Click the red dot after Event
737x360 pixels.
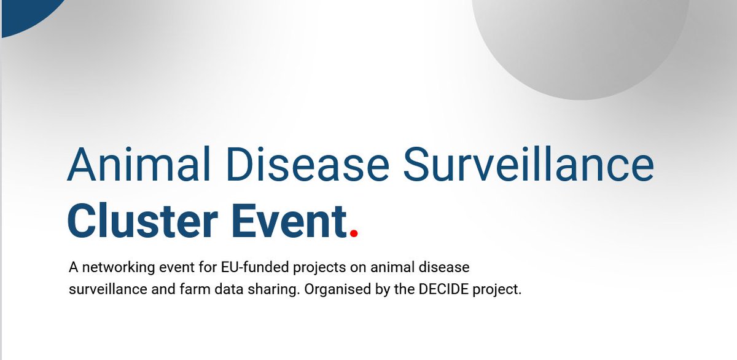[x=353, y=232]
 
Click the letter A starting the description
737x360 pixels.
[x=74, y=268]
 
